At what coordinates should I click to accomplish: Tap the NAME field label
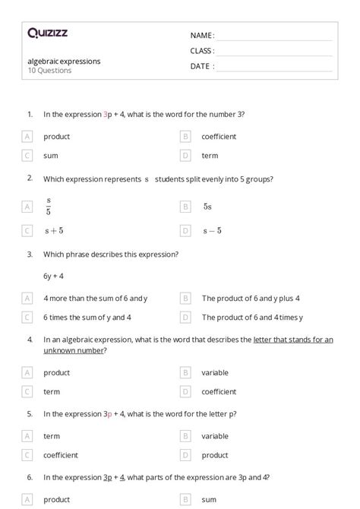tap(201, 36)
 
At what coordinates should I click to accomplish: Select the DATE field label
tap(201, 66)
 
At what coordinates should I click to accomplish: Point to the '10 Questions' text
tap(49, 71)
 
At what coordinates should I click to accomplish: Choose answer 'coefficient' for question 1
tap(219, 137)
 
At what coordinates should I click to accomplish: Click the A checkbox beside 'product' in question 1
tap(27, 137)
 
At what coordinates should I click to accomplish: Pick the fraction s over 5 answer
tap(49, 206)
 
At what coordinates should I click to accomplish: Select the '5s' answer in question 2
tap(207, 206)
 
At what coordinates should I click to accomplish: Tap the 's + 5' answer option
tap(54, 230)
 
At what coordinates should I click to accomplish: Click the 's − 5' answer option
tap(212, 230)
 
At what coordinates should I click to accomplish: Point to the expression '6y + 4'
tap(53, 276)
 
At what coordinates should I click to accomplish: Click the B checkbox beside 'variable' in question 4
tap(185, 373)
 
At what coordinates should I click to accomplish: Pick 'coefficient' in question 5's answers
tap(61, 455)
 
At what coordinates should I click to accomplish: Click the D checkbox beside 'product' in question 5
tap(185, 455)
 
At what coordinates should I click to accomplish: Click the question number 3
tap(30, 254)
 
